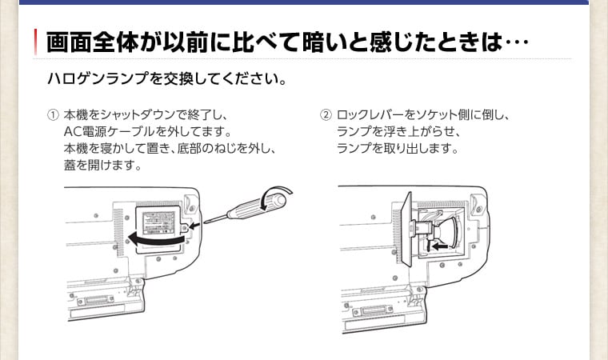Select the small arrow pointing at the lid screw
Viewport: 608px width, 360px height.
194,227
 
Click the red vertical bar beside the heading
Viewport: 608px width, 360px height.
36,41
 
